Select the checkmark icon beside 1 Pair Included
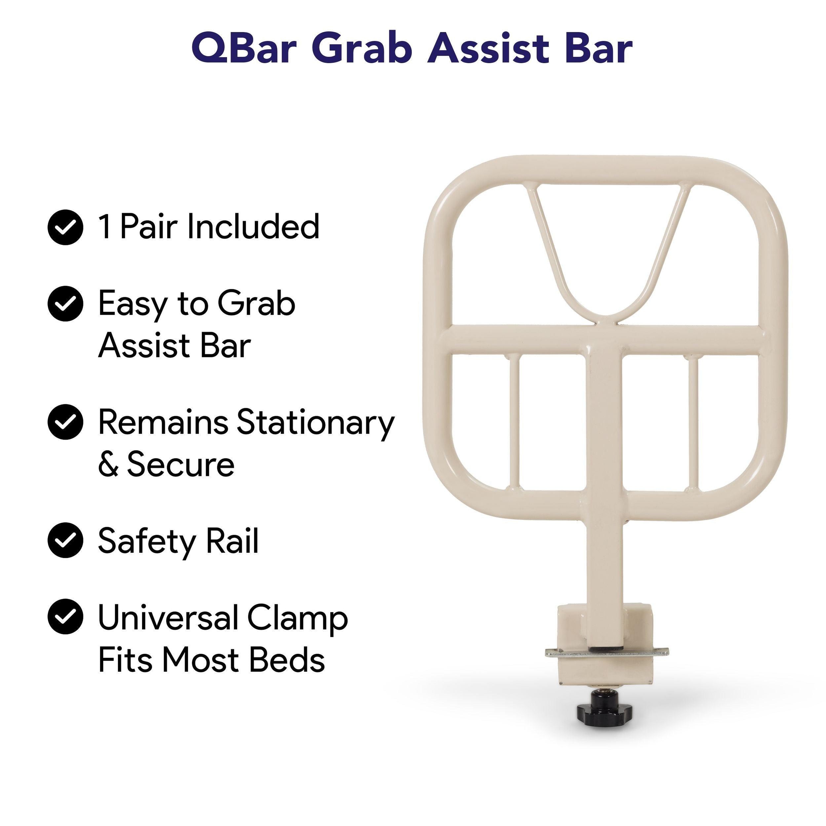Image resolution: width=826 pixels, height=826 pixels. (65, 227)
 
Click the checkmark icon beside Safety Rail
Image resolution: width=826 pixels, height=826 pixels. (65, 540)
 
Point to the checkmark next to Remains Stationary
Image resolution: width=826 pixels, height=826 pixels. (65, 421)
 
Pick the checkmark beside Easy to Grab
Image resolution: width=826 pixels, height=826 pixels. (65, 303)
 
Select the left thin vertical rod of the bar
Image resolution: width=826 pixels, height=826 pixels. (514, 424)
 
